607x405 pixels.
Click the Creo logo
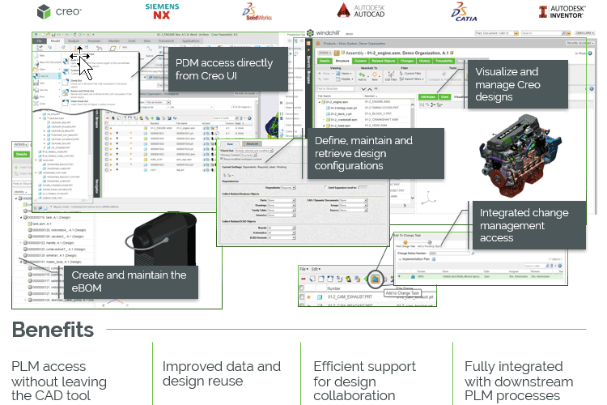click(x=58, y=12)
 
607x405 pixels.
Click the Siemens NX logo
click(x=162, y=11)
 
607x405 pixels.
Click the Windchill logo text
click(x=329, y=32)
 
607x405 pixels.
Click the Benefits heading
click(x=53, y=330)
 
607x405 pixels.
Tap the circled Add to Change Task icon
click(x=397, y=279)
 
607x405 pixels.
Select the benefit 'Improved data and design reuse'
click(x=222, y=373)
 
